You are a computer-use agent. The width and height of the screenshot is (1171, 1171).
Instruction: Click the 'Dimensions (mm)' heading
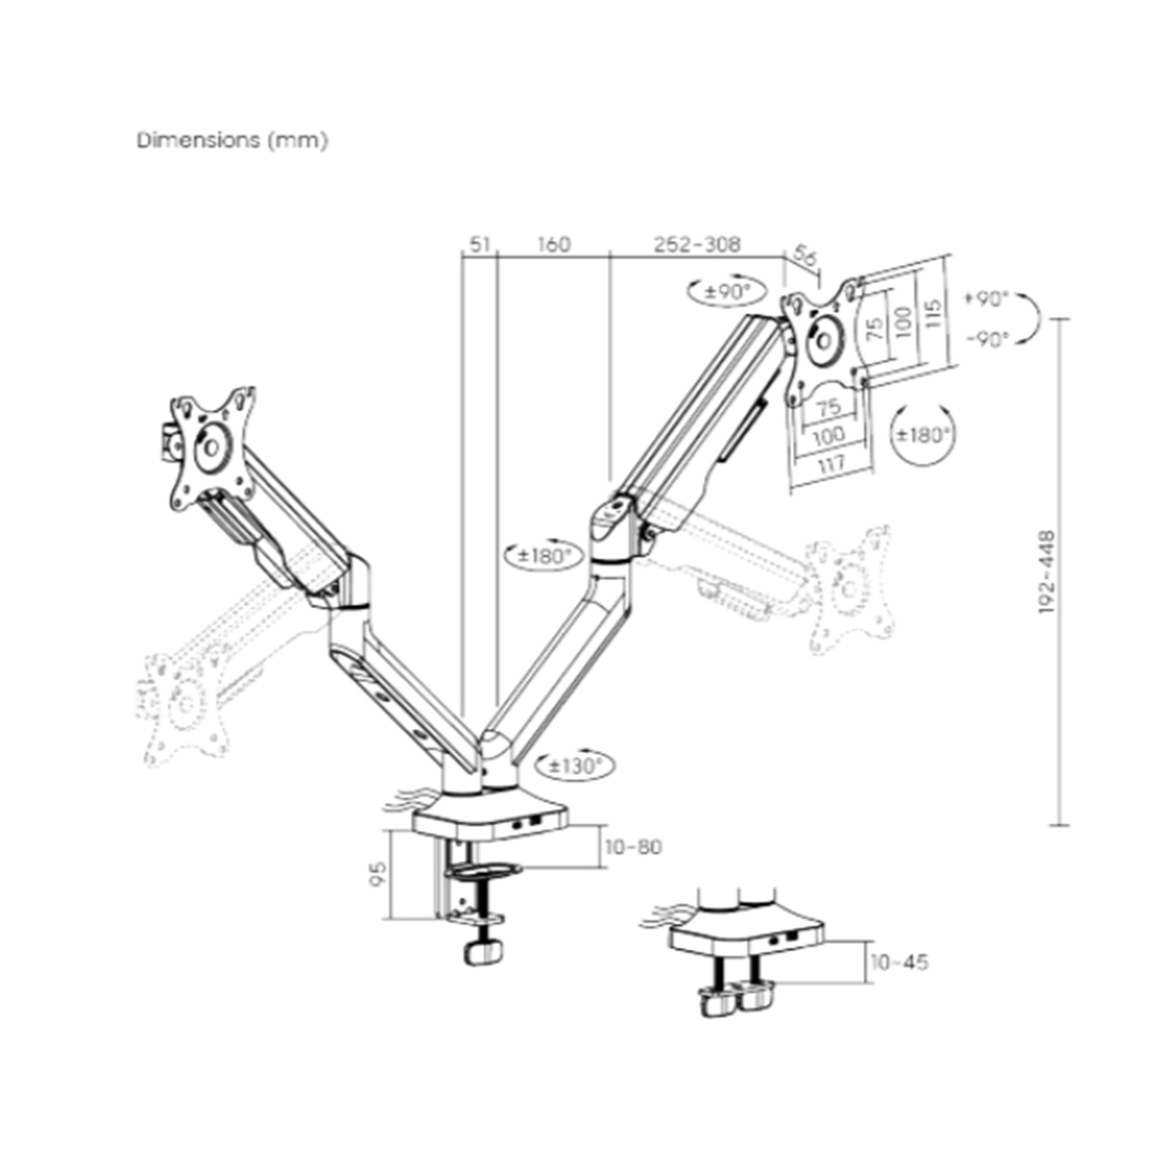(x=232, y=140)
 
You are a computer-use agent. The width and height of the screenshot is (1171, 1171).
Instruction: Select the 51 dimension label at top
(x=479, y=244)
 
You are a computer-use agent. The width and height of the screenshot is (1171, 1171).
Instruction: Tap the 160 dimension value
(x=553, y=244)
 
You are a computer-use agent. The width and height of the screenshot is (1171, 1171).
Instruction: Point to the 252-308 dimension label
(x=697, y=244)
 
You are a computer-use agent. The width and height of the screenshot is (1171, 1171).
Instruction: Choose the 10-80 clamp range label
(x=633, y=847)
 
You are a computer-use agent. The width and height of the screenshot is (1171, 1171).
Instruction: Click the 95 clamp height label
(x=378, y=874)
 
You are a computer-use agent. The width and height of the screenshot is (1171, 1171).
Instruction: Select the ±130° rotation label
(x=575, y=766)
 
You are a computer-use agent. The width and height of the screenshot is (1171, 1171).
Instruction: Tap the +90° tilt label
(x=986, y=299)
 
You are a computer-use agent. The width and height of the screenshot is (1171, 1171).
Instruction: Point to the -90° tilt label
(x=987, y=339)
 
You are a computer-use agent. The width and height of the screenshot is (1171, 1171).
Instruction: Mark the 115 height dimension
(x=931, y=315)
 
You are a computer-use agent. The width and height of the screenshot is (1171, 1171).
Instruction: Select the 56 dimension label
(x=804, y=257)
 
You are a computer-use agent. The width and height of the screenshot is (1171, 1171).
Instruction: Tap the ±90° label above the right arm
(x=727, y=291)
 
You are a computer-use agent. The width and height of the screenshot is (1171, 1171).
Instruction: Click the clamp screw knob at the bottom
(x=483, y=954)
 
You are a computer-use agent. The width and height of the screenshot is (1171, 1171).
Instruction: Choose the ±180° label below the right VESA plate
(x=924, y=435)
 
